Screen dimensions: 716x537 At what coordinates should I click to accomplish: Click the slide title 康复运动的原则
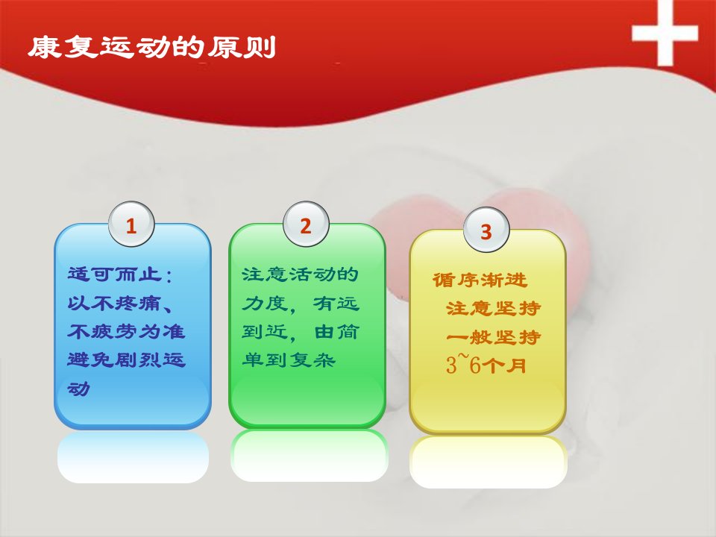pyautogui.click(x=152, y=47)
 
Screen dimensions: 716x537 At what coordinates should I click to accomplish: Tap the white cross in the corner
pyautogui.click(x=665, y=33)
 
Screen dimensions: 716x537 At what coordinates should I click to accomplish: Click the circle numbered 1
pyautogui.click(x=131, y=224)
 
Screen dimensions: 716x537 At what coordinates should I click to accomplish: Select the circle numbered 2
pyautogui.click(x=306, y=224)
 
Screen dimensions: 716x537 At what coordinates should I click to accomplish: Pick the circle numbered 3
pyautogui.click(x=486, y=230)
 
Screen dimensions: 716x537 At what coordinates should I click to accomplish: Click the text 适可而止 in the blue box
pyautogui.click(x=115, y=274)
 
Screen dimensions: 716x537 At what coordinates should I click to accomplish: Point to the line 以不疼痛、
pyautogui.click(x=121, y=303)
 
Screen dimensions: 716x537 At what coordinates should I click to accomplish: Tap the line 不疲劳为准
pyautogui.click(x=126, y=331)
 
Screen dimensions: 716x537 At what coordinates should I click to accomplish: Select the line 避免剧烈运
pyautogui.click(x=126, y=360)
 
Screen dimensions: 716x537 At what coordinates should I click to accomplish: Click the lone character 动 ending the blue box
pyautogui.click(x=78, y=389)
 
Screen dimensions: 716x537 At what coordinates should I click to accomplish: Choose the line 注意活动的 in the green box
pyautogui.click(x=300, y=274)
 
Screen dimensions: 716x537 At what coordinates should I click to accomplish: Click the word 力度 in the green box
pyautogui.click(x=264, y=304)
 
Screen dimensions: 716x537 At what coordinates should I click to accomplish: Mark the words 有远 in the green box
pyautogui.click(x=336, y=304)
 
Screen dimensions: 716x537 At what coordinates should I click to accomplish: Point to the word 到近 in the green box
pyautogui.click(x=264, y=331)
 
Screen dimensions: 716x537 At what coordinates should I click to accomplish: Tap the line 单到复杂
pyautogui.click(x=289, y=360)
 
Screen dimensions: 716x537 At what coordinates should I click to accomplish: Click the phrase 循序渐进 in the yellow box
pyautogui.click(x=480, y=280)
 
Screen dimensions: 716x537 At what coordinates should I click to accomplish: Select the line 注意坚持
pyautogui.click(x=494, y=309)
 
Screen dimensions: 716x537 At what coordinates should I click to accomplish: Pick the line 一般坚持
pyautogui.click(x=494, y=337)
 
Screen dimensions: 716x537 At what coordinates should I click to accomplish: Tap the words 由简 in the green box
pyautogui.click(x=336, y=331)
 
